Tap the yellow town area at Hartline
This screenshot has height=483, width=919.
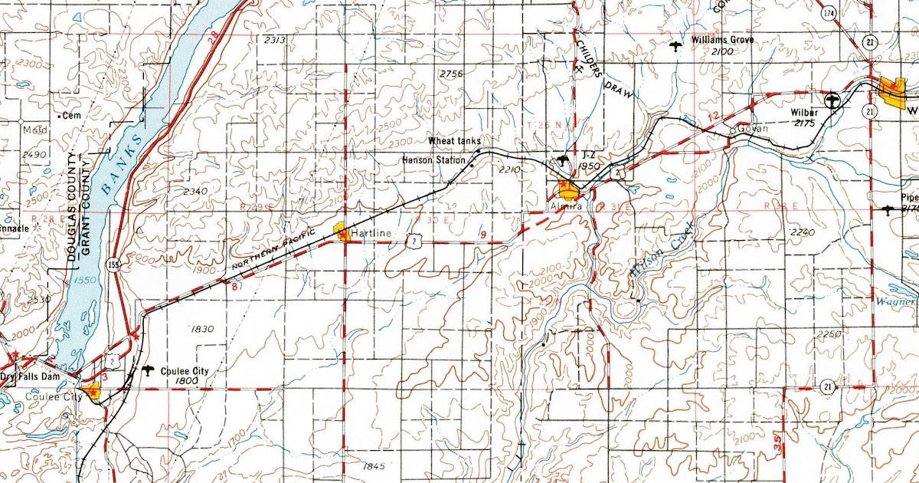pyautogui.click(x=342, y=232)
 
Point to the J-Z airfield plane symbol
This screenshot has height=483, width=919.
pyautogui.click(x=564, y=159)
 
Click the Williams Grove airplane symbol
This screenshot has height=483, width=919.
pyautogui.click(x=675, y=47)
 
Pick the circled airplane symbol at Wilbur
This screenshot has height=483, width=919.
pyautogui.click(x=833, y=100)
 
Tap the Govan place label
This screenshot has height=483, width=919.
pyautogui.click(x=753, y=129)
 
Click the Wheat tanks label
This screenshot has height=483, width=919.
pyautogui.click(x=454, y=141)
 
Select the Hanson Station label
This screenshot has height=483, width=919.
pyautogui.click(x=433, y=160)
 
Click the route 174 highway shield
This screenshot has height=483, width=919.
pyautogui.click(x=829, y=14)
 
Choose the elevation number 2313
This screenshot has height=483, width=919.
pyautogui.click(x=274, y=40)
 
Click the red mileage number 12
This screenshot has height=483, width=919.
pyautogui.click(x=714, y=115)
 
